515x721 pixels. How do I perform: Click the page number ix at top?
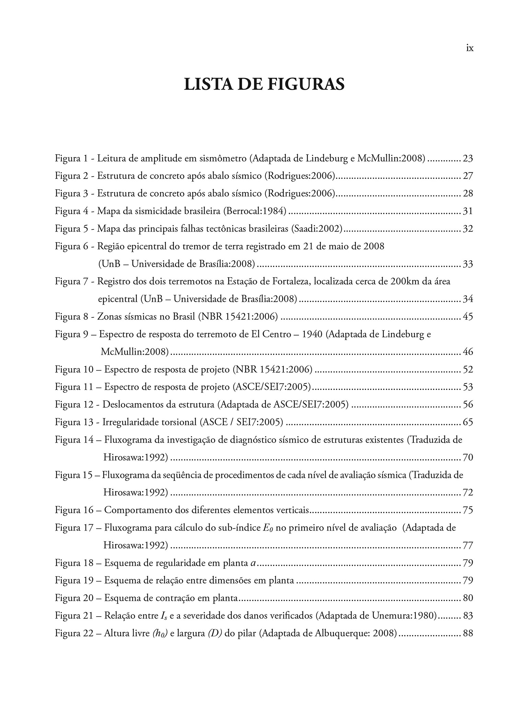point(470,48)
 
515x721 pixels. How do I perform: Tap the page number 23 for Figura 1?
point(468,158)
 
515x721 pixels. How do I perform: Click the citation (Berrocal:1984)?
point(254,211)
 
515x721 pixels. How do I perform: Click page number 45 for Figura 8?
point(468,316)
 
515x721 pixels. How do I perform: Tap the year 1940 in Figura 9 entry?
point(312,334)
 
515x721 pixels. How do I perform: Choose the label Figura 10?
point(74,370)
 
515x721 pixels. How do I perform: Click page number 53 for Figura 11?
point(468,387)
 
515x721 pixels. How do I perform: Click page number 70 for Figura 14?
point(468,458)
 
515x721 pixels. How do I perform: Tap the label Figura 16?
point(74,510)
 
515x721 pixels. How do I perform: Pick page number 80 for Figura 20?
point(468,598)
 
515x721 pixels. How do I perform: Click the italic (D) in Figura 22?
point(215,633)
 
